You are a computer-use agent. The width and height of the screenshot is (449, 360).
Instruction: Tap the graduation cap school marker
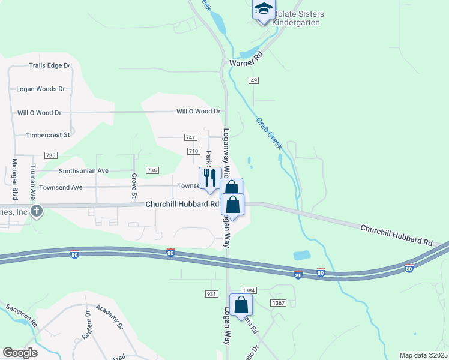[x=263, y=10]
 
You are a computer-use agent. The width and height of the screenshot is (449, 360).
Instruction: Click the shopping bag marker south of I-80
[x=241, y=305]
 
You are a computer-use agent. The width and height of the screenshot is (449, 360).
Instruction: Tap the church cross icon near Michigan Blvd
[x=36, y=211]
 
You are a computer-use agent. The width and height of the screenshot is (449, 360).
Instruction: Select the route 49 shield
[x=255, y=80]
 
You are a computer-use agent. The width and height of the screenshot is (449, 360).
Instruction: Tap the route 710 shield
[x=193, y=151]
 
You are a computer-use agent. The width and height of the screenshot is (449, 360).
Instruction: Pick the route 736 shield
[x=152, y=171]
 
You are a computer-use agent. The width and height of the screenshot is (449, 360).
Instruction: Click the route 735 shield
[x=50, y=155]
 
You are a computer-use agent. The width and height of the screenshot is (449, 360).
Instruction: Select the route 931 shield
[x=211, y=293]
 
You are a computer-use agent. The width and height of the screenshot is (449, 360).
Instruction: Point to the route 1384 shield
[x=249, y=290]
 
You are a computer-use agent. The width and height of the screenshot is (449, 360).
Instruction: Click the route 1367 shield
[x=277, y=302]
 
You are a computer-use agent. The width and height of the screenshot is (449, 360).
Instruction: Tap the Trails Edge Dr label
[x=50, y=65]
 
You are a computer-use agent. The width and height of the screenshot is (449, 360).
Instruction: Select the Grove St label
[x=134, y=185]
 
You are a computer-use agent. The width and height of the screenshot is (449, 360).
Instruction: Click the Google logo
[x=20, y=353]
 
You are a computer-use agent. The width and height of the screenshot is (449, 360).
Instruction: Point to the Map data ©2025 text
[x=423, y=355]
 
